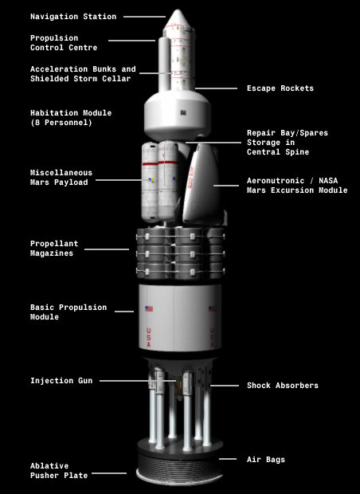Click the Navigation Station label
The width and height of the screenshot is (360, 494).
[x=73, y=17]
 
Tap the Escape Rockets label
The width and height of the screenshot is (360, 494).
[x=280, y=88]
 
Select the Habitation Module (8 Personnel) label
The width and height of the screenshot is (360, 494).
[x=71, y=117]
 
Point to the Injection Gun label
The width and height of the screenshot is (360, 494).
[x=61, y=381]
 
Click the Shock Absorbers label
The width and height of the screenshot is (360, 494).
[x=283, y=386]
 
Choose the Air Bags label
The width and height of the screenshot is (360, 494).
[x=266, y=460]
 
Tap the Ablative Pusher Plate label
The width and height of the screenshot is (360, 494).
[x=59, y=470]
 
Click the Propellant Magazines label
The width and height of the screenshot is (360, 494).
[x=54, y=249]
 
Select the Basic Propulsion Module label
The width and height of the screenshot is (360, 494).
[x=68, y=312]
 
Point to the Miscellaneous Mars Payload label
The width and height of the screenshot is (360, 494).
[x=61, y=178]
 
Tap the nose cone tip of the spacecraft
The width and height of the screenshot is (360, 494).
[x=178, y=10]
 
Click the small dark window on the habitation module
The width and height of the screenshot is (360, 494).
[x=183, y=112]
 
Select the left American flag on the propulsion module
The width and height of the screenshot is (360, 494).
[x=149, y=309]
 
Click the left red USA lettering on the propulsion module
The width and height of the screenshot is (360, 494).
[x=149, y=337]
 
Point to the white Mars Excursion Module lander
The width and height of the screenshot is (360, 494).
[x=202, y=184]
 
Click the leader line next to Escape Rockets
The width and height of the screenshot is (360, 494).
[x=216, y=88]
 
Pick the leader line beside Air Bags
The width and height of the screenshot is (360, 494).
[x=228, y=459]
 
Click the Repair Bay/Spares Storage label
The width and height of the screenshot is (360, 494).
[x=288, y=143]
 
